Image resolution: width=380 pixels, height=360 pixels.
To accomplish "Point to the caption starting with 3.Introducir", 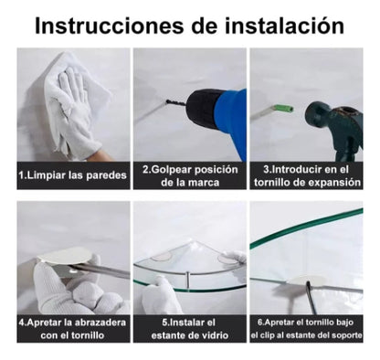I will tap(305, 175).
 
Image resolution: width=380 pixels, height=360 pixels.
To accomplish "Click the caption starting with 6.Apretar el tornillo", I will tap(305, 328).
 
